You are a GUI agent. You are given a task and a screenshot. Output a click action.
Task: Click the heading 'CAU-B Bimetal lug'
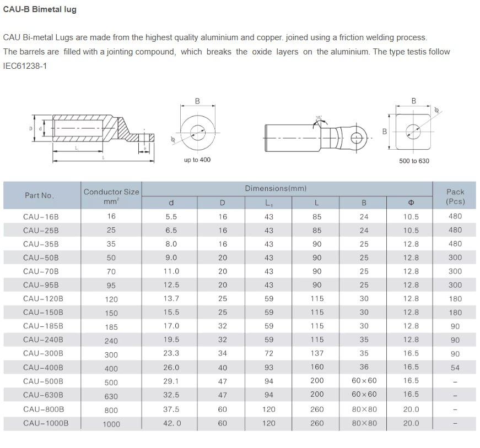click(x=40, y=9)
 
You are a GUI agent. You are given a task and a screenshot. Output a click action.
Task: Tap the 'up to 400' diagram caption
click(x=197, y=160)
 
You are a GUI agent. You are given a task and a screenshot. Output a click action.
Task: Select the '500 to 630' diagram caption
click(x=414, y=161)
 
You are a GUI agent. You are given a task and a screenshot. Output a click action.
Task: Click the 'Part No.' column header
click(x=39, y=195)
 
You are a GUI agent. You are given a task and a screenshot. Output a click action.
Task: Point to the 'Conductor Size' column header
click(x=111, y=192)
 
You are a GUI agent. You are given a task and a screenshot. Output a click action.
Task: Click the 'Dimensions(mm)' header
click(x=276, y=189)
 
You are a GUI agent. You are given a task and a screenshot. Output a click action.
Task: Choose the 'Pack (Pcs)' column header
click(x=455, y=196)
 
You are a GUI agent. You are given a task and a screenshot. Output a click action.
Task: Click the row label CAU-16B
click(x=41, y=217)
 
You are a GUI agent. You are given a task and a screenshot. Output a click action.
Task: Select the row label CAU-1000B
click(x=45, y=423)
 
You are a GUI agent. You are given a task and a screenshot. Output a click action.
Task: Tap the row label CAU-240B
click(x=43, y=340)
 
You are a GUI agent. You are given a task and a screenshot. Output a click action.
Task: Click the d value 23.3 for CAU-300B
click(x=172, y=353)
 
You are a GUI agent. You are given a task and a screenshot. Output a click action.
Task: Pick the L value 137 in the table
click(x=317, y=353)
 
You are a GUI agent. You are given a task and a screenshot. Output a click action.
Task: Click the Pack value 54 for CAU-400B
click(x=455, y=368)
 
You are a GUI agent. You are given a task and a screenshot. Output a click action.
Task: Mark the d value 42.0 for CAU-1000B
click(x=172, y=423)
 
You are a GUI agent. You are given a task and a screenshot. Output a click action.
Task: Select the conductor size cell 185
click(x=111, y=327)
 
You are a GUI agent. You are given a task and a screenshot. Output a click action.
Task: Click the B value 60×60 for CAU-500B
click(x=364, y=381)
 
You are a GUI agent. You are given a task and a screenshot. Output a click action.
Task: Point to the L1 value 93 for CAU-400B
click(x=268, y=367)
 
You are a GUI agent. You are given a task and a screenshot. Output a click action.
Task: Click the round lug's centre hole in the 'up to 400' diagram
click(x=197, y=130)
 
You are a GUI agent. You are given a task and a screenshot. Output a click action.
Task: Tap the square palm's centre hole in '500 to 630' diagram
click(x=413, y=130)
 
